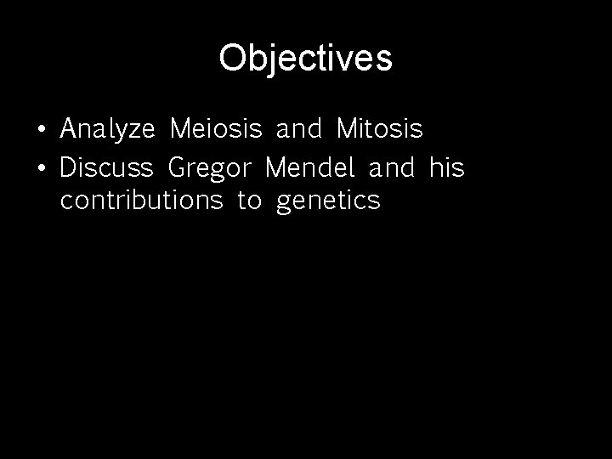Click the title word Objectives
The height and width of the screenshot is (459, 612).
(305, 59)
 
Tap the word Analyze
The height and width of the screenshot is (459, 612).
(107, 130)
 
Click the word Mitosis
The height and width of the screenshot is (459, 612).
(379, 130)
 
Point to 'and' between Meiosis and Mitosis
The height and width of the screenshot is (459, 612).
(299, 130)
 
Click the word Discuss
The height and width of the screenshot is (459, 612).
(106, 167)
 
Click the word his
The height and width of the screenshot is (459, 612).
(447, 167)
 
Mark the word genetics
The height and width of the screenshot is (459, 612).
(329, 203)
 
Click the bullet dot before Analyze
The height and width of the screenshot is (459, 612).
(41, 131)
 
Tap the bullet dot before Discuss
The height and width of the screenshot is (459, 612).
(41, 168)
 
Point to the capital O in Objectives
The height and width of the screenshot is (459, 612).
(232, 59)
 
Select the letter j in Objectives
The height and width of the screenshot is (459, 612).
(268, 61)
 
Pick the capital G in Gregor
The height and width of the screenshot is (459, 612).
(178, 167)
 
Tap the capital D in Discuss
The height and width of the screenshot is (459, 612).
(68, 167)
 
